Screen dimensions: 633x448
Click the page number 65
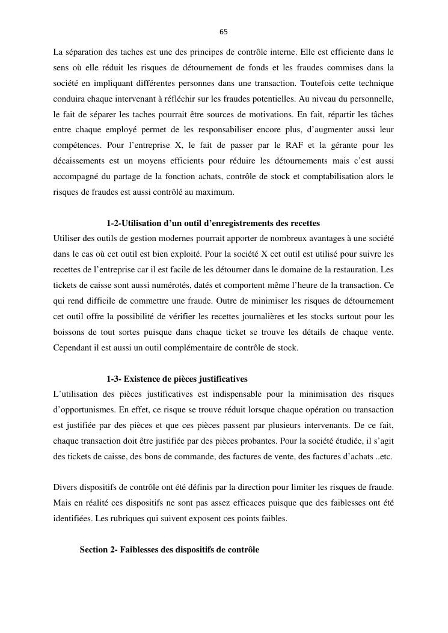click(224, 31)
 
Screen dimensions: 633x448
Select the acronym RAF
click(300, 145)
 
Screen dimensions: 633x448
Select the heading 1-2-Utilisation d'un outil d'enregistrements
click(213, 223)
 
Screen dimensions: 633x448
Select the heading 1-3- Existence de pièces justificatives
click(177, 379)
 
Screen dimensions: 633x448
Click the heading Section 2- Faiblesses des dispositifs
click(169, 549)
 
